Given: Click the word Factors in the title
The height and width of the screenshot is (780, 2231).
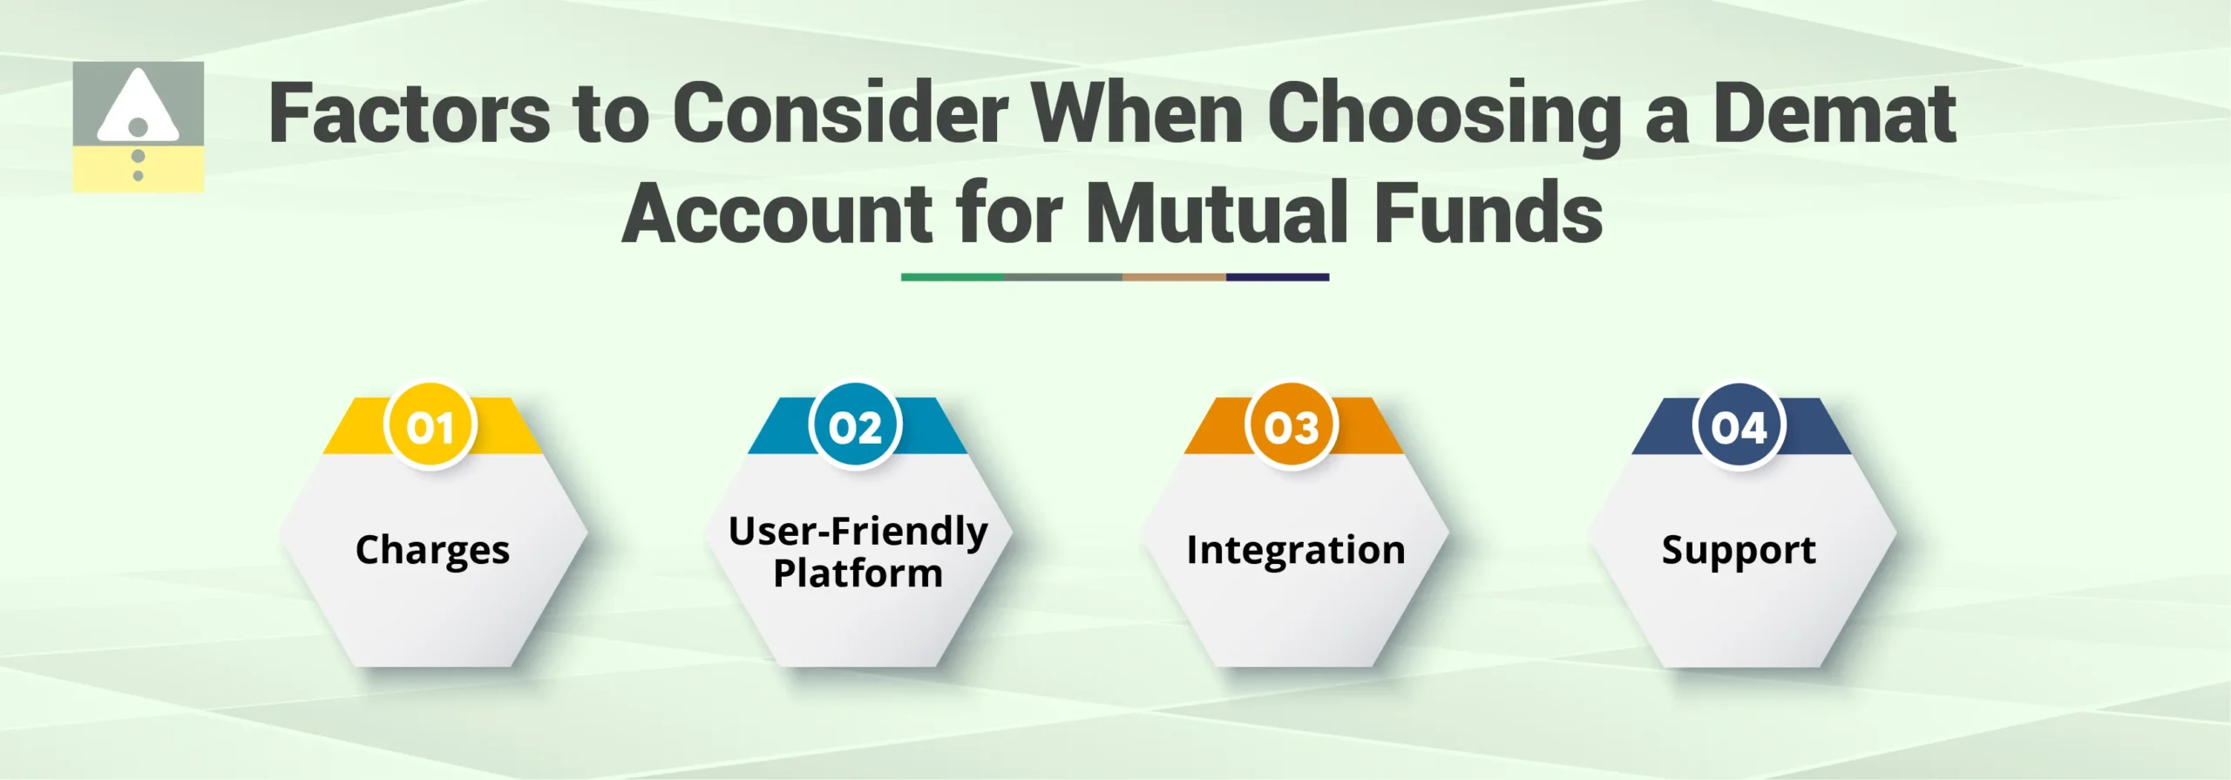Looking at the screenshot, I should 410,113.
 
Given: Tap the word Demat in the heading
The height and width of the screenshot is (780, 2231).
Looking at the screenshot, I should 1834,113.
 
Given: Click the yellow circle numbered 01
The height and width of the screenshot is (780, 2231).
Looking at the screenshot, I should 430,427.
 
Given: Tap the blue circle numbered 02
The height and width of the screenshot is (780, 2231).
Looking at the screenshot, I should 855,427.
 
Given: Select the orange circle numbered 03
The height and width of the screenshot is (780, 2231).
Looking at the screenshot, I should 1292,427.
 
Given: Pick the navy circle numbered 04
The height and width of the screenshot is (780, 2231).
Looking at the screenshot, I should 1739,427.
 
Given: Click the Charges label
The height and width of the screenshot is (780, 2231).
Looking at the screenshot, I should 432,551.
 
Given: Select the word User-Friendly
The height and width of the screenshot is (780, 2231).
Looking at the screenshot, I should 858,531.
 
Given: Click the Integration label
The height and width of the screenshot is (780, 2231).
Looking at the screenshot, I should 1295,550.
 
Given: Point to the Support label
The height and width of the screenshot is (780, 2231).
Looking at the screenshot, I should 1739,551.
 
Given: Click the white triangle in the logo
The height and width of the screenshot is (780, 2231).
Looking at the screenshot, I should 138,105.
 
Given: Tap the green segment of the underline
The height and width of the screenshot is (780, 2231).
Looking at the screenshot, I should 952,277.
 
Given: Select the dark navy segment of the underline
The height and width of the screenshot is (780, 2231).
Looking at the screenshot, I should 1277,277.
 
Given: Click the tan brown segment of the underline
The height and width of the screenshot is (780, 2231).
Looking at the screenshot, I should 1173,277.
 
